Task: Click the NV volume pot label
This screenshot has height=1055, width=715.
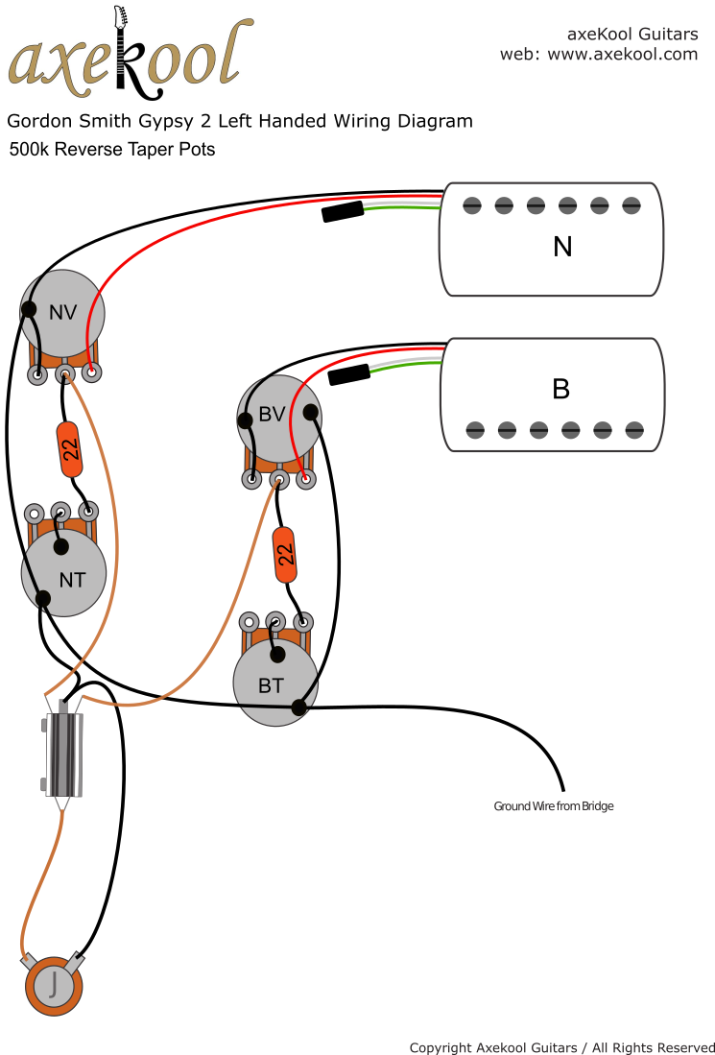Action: tap(62, 312)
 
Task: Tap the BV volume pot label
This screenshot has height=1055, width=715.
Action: tap(272, 415)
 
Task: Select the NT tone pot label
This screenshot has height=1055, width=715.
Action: tap(71, 580)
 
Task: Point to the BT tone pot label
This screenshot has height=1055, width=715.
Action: tap(271, 685)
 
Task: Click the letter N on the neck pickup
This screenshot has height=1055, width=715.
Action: tap(562, 247)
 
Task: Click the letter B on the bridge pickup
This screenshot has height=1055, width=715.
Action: tap(561, 389)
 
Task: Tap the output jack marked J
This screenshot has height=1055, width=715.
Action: tap(54, 985)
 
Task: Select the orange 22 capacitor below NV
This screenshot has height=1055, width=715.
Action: tap(70, 449)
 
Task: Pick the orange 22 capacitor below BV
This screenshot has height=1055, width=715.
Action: tap(285, 555)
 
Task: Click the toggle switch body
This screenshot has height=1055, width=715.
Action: tap(64, 754)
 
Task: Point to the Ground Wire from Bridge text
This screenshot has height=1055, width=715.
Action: tap(553, 806)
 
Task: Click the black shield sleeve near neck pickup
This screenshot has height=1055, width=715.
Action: tap(343, 211)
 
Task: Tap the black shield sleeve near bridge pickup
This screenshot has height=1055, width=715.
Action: tap(349, 374)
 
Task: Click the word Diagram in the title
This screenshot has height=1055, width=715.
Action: tap(435, 121)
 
